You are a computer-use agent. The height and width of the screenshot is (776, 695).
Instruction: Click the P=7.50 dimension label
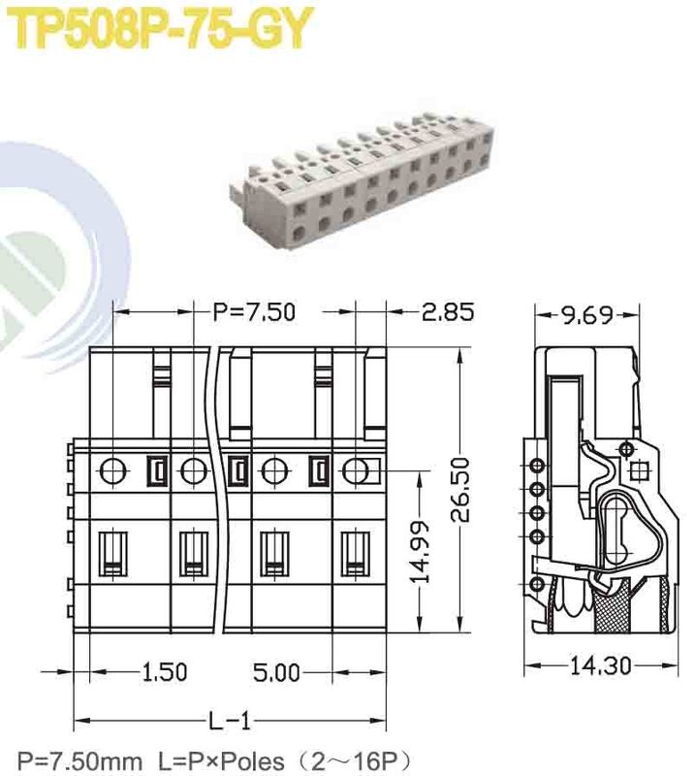tap(254, 312)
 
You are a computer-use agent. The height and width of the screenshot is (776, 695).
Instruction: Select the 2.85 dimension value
tap(447, 312)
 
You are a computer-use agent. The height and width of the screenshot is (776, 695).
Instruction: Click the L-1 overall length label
tap(231, 721)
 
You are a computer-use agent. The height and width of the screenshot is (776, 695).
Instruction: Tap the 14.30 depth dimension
tap(598, 666)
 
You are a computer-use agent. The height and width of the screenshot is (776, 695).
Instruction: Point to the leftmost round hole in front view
tap(113, 471)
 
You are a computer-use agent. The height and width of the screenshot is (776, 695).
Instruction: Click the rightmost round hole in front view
tap(356, 471)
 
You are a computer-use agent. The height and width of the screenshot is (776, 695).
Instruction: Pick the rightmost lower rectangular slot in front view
tap(356, 554)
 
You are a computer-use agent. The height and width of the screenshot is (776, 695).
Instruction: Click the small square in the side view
tap(638, 472)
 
